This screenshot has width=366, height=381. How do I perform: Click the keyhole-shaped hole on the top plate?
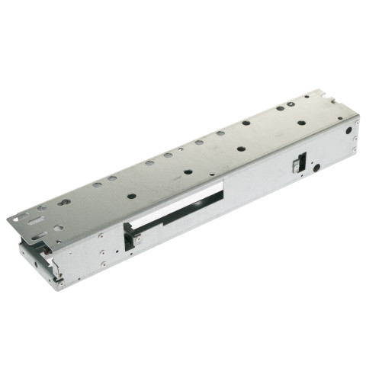(64, 202)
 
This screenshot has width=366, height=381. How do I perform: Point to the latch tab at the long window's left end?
(136, 240)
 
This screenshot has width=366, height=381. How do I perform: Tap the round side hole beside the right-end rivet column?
(348, 130)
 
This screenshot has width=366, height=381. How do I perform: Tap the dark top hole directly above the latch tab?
(132, 196)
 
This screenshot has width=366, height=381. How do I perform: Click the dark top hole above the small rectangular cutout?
(302, 123)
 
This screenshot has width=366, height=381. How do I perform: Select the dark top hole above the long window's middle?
(188, 171)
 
